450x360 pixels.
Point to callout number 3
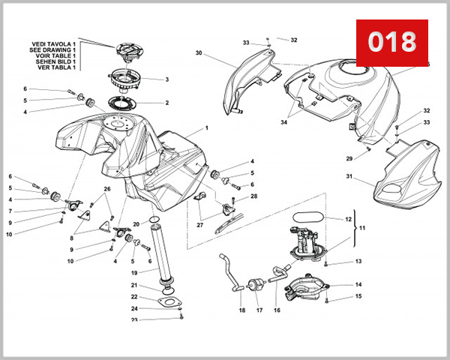pos(166,79)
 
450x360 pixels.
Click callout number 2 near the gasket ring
pos(166,103)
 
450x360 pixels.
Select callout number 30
pos(199,53)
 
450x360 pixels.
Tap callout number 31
pos(349,177)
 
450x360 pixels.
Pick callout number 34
pos(284,122)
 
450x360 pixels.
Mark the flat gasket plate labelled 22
pos(171,304)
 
